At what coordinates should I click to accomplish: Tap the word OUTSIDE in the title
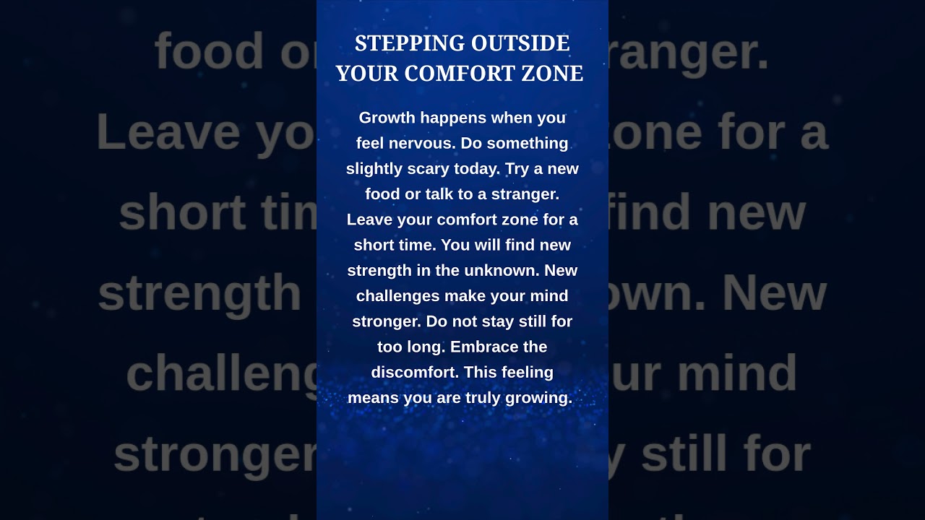[x=520, y=43]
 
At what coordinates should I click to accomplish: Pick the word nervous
[x=422, y=143]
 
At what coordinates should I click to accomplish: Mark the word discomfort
[x=414, y=373]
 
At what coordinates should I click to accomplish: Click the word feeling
[x=527, y=373]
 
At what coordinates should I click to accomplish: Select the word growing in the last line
[x=542, y=399]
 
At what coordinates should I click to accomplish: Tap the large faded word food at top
[x=210, y=51]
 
